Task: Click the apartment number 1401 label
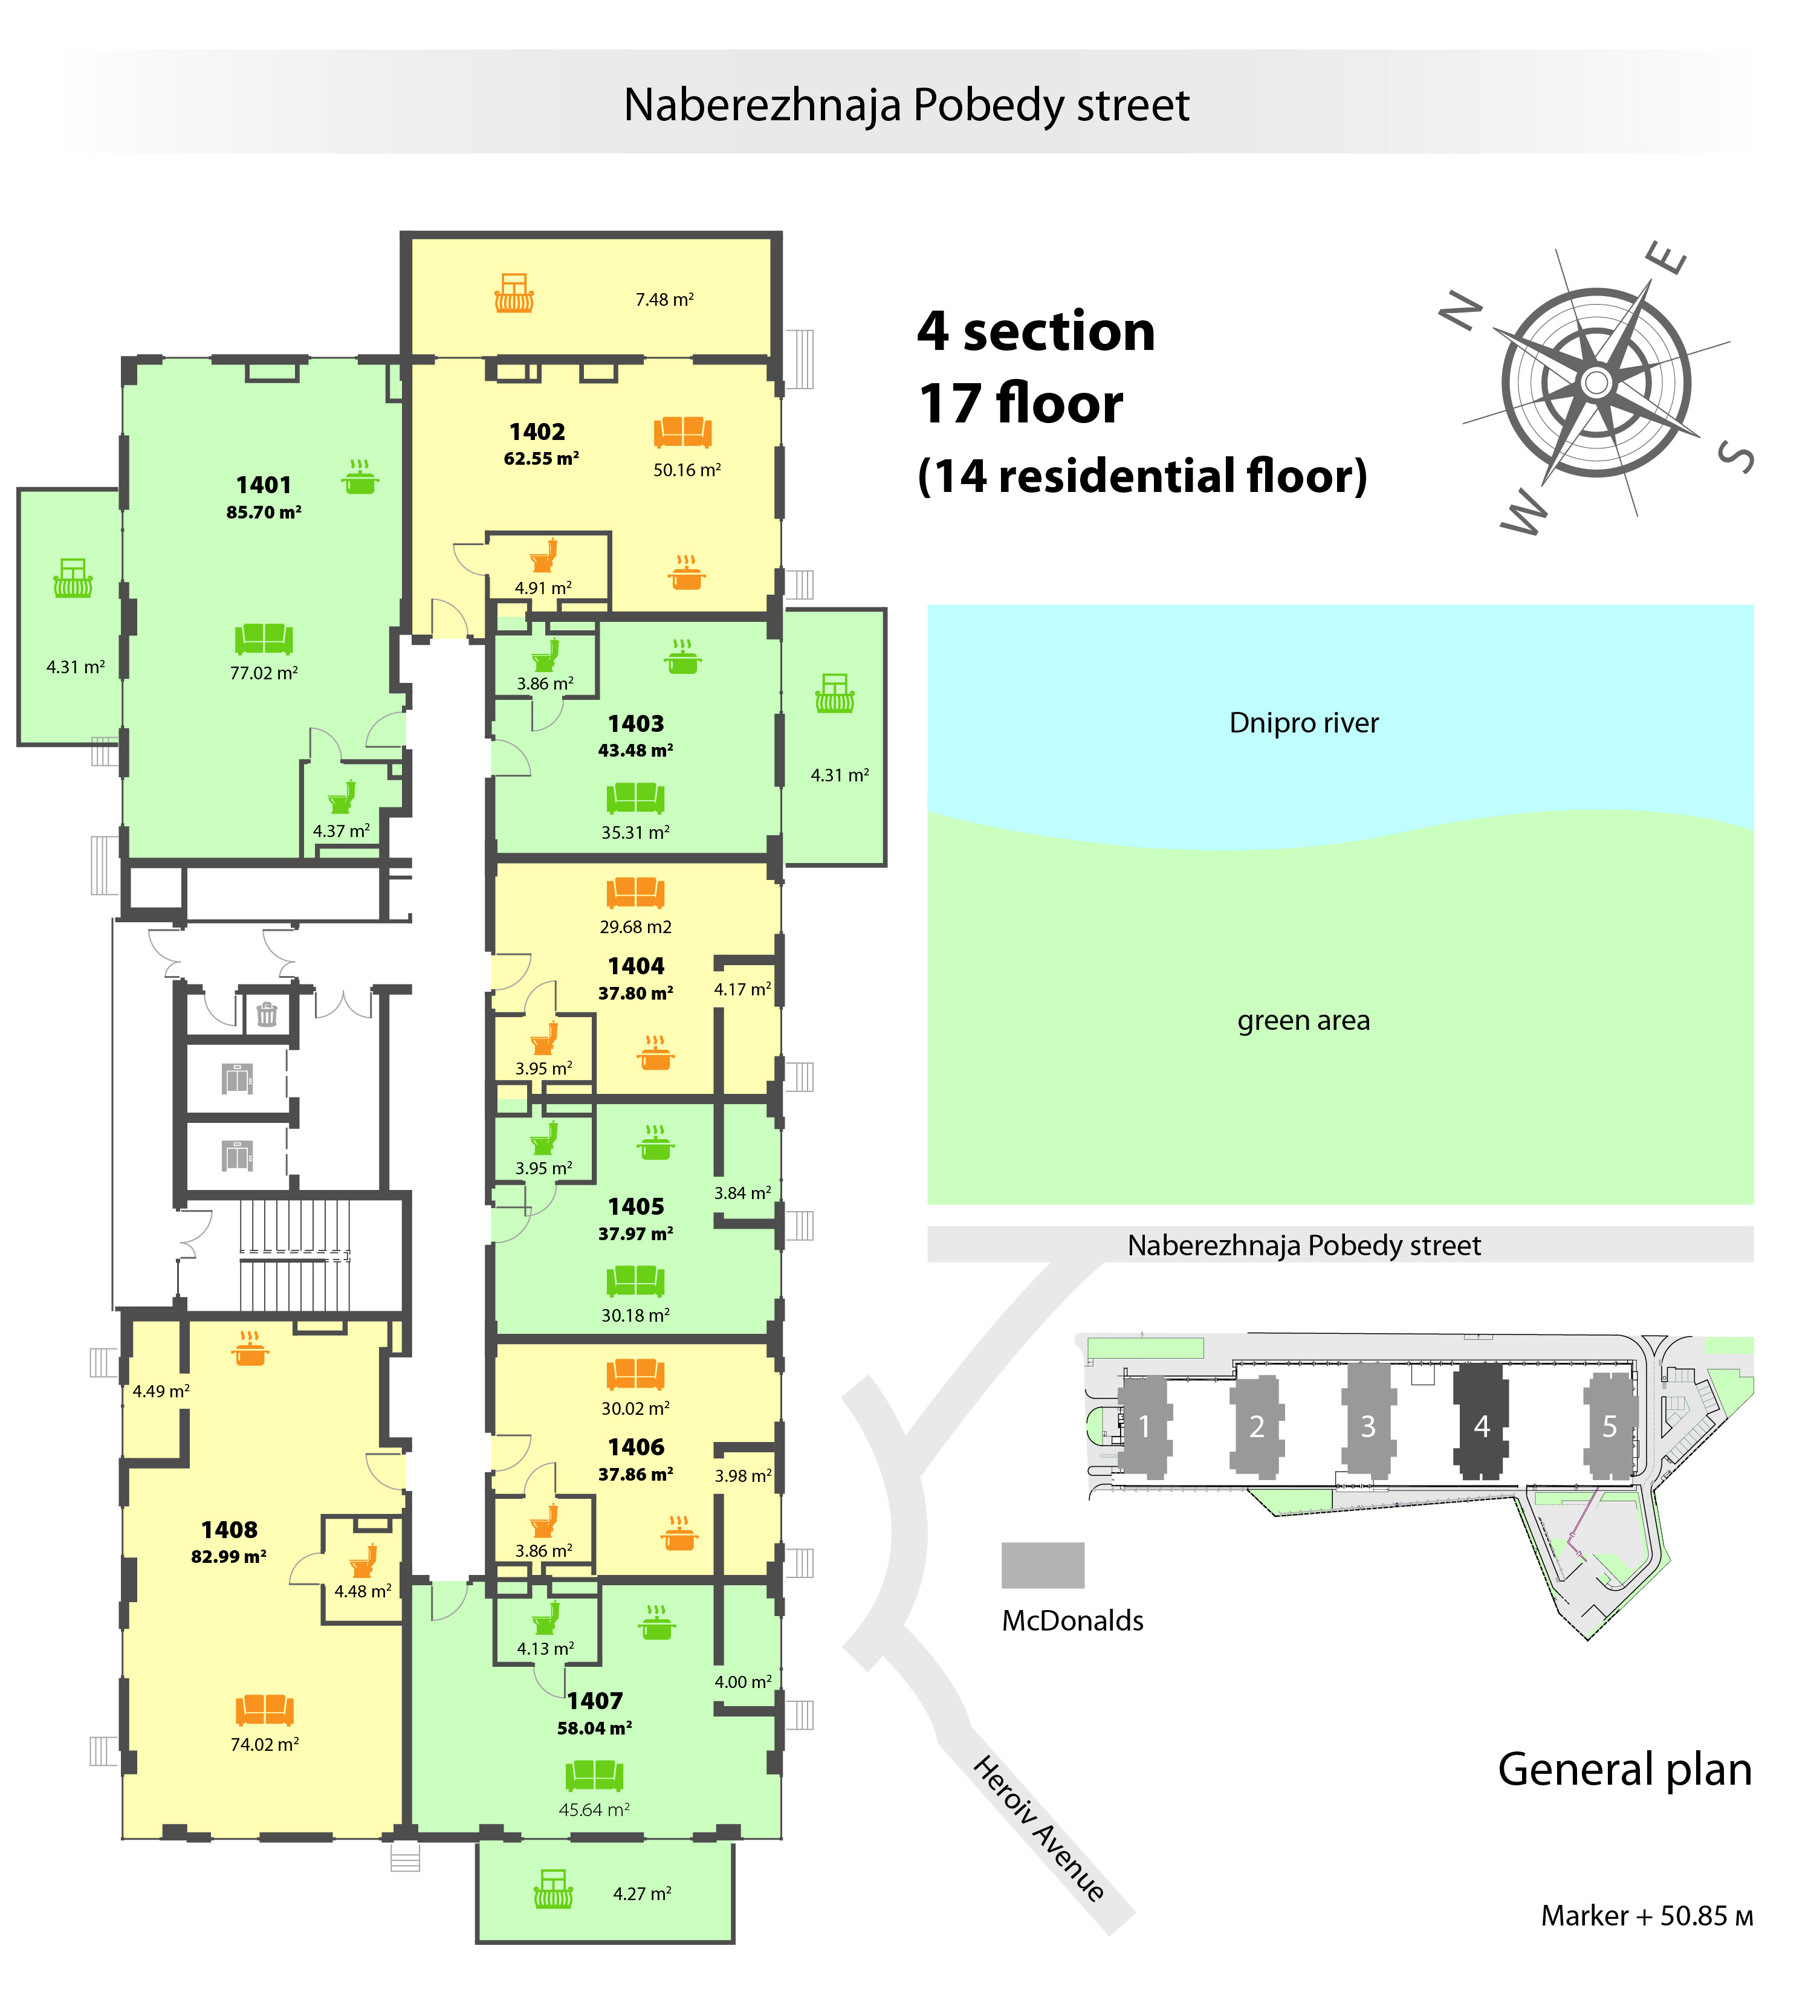263,485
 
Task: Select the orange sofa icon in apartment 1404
635,893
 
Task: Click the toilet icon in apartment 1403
545,655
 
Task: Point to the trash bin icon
266,1014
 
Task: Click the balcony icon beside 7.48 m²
514,293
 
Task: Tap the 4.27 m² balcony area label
643,1893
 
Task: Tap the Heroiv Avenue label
1039,1829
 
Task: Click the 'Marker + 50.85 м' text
1647,1916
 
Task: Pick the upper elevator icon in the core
238,1079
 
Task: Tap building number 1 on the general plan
1145,1426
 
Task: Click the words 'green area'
1303,1020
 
